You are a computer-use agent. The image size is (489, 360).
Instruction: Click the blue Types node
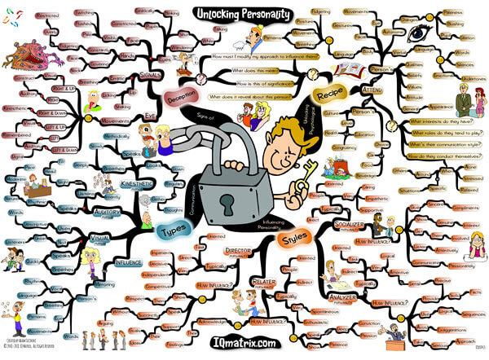(173, 229)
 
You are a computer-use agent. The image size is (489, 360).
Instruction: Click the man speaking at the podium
(396, 334)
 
